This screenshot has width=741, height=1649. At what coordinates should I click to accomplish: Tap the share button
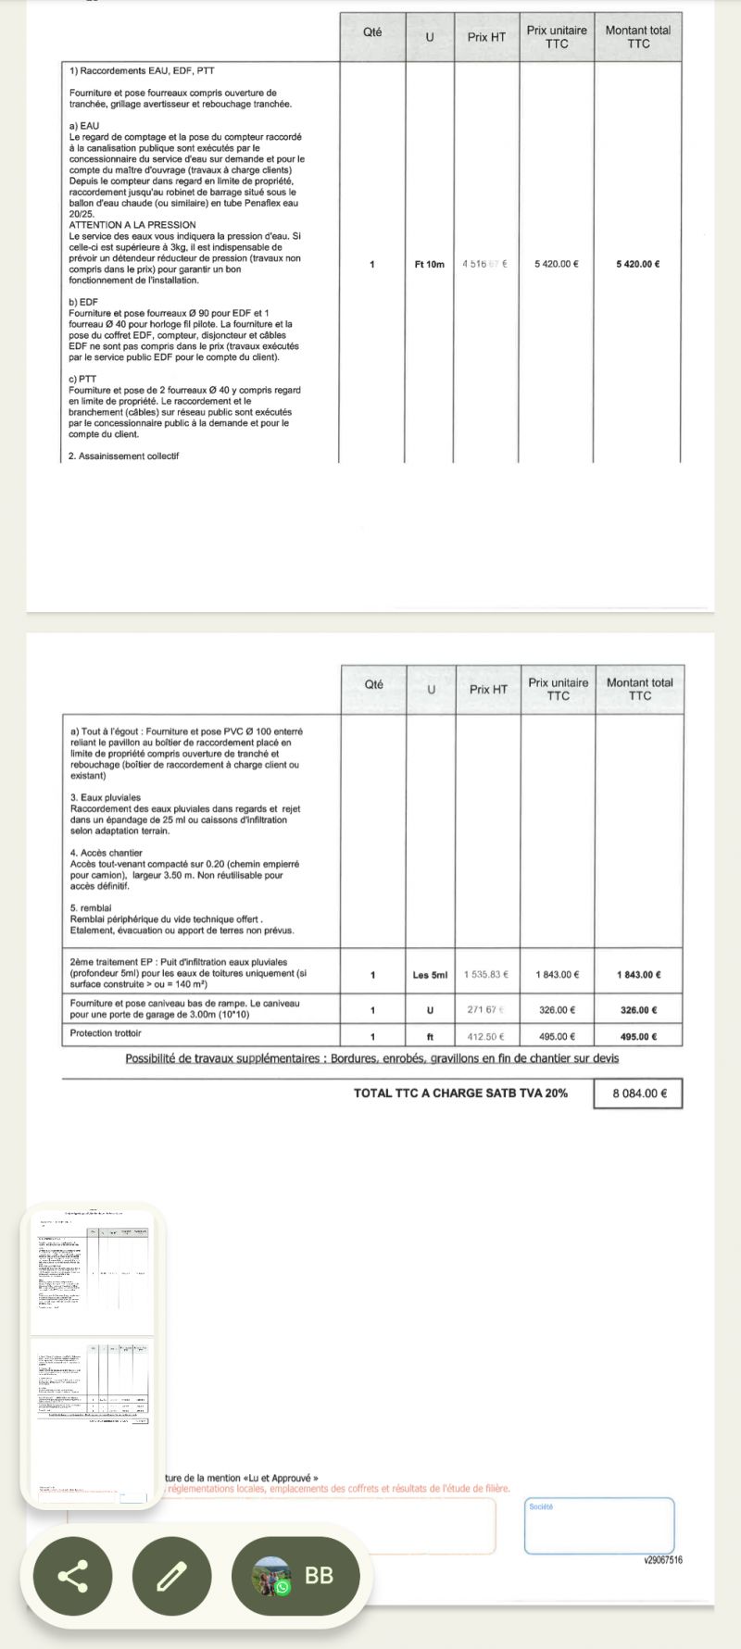coord(73,1575)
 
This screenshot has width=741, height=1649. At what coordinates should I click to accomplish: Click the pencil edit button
coord(172,1575)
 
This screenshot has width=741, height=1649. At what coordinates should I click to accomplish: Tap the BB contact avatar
coord(271,1575)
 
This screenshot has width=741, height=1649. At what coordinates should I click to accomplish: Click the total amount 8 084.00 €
coord(637,1093)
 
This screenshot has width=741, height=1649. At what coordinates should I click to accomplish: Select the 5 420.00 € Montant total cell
coord(637,264)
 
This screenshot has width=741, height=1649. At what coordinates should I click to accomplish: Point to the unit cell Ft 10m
coord(430,264)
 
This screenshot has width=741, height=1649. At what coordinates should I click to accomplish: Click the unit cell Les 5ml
coord(430,975)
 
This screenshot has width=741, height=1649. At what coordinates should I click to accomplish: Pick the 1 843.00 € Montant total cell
coord(638,975)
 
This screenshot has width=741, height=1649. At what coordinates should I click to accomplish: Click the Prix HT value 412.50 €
coord(487,1037)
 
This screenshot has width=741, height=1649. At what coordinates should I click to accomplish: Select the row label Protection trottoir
coord(106,1033)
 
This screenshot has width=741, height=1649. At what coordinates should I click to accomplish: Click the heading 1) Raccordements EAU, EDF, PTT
coord(142,71)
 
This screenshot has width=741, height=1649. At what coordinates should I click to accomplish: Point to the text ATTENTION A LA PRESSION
coord(132,225)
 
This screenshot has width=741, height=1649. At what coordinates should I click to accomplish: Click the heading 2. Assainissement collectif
coord(124,456)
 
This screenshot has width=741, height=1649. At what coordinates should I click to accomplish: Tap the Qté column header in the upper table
coord(372,31)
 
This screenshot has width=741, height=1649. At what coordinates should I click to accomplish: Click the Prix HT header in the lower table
coord(488,689)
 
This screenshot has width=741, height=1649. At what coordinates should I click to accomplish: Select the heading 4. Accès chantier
coord(107,853)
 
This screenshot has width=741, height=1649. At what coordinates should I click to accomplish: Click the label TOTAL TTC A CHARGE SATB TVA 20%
coord(460,1093)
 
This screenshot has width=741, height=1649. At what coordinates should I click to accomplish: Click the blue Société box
coord(599,1525)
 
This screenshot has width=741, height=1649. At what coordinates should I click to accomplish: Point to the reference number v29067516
coord(663,1560)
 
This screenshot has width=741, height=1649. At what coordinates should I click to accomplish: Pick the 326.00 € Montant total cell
coord(638,1010)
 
